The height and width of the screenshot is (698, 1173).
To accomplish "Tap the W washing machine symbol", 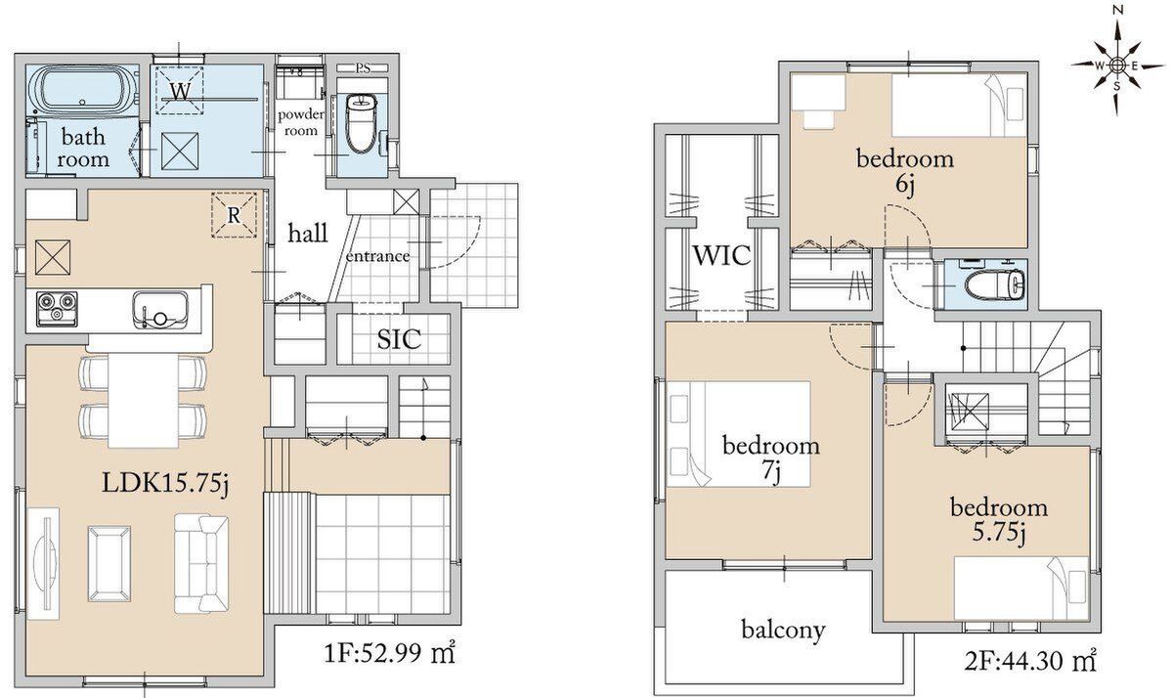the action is click(x=180, y=90).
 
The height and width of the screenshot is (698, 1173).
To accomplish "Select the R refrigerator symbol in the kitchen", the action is click(x=234, y=215).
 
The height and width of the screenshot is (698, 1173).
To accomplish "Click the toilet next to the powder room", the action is click(x=362, y=123).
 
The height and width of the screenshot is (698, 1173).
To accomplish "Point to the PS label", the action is click(x=363, y=68).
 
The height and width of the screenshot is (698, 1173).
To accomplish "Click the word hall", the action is click(x=308, y=233).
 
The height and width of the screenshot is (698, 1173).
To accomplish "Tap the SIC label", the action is click(x=399, y=339).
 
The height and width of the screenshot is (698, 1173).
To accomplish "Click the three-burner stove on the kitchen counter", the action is click(x=56, y=308).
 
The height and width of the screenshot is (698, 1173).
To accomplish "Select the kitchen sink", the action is click(x=159, y=310).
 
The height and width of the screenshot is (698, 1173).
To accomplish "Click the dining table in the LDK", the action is click(x=144, y=401).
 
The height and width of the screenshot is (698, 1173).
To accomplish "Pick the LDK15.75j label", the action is click(x=165, y=484).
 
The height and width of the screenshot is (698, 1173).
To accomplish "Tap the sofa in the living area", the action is click(x=201, y=564).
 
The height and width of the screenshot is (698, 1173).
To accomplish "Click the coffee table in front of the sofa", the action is click(x=109, y=563).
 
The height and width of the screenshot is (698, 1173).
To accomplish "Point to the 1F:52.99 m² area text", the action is click(x=389, y=653).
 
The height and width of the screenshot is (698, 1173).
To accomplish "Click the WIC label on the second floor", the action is click(x=721, y=255).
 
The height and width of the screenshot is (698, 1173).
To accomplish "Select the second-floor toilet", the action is click(x=994, y=285).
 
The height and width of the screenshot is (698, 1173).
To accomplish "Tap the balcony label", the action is click(x=783, y=631).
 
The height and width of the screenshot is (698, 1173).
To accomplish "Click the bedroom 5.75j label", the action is click(x=999, y=520).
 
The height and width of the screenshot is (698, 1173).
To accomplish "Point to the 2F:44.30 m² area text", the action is click(x=1030, y=661).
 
